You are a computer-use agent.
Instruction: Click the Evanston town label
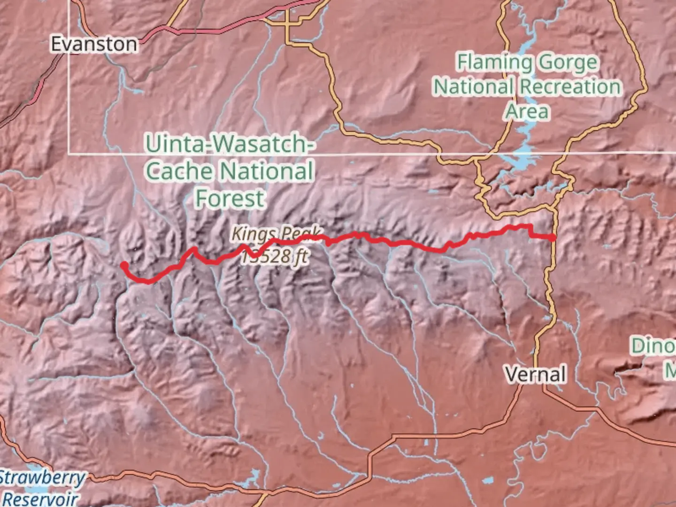pyautogui.click(x=94, y=45)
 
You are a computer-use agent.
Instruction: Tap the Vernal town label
pyautogui.click(x=535, y=375)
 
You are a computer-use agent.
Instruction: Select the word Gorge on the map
pyautogui.click(x=568, y=63)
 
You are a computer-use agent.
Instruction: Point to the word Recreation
pyautogui.click(x=570, y=87)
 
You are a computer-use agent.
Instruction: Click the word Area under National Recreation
pyautogui.click(x=527, y=112)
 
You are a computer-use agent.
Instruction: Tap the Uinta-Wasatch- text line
pyautogui.click(x=229, y=144)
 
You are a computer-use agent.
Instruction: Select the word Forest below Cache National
pyautogui.click(x=230, y=199)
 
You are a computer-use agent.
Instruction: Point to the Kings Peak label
pyautogui.click(x=276, y=233)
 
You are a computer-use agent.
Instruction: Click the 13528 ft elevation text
pyautogui.click(x=276, y=256)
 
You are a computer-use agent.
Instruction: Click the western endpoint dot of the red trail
pyautogui.click(x=124, y=266)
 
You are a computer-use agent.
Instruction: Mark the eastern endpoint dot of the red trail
pyautogui.click(x=553, y=238)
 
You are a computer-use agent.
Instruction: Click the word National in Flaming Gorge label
pyautogui.click(x=473, y=87)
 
